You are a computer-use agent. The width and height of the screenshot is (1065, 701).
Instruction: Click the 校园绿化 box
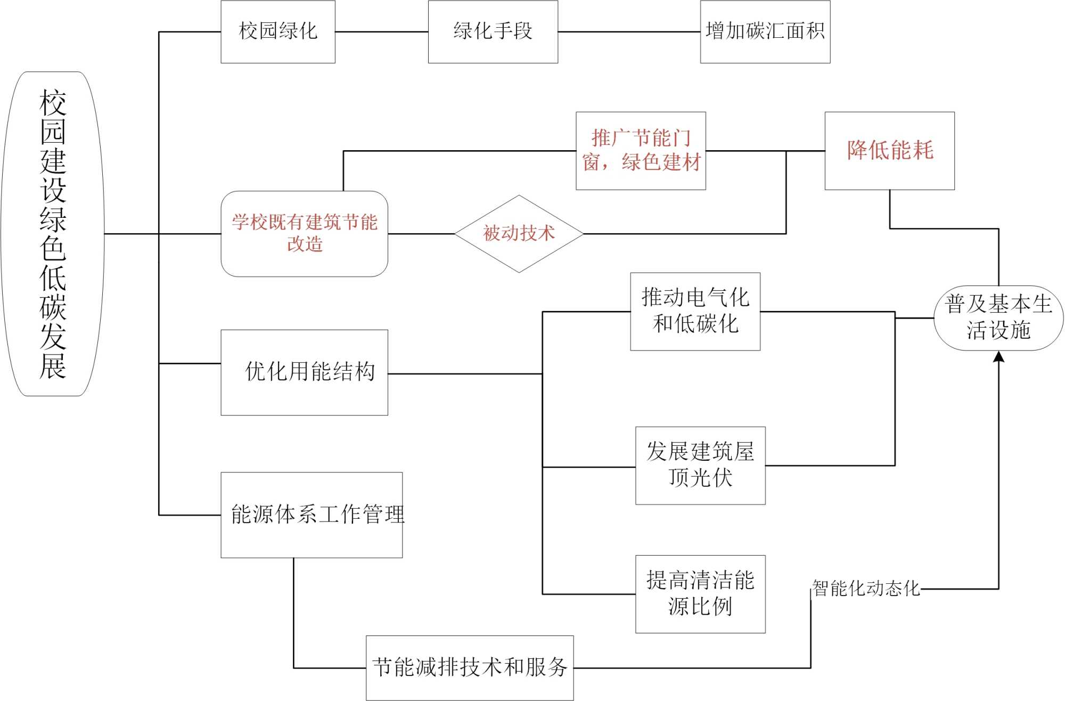click(x=278, y=32)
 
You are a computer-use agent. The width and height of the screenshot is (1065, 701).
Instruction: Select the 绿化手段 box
click(x=493, y=32)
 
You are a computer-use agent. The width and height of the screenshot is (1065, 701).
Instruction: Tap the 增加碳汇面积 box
click(x=765, y=32)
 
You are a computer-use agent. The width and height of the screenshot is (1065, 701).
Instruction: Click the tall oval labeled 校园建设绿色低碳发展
click(x=53, y=233)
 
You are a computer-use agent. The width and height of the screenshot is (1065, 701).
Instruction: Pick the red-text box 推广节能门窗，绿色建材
click(x=641, y=151)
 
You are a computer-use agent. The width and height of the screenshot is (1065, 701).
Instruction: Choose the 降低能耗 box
click(x=889, y=151)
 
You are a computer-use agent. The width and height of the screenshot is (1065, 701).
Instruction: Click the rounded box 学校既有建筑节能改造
click(x=304, y=233)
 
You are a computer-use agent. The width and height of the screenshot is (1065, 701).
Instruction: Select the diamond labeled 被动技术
click(x=519, y=233)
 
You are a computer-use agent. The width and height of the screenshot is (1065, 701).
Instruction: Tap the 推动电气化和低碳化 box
click(x=695, y=311)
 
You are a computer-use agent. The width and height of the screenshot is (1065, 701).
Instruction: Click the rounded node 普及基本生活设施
click(x=998, y=318)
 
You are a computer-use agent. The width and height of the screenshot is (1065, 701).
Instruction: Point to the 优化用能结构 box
click(x=304, y=372)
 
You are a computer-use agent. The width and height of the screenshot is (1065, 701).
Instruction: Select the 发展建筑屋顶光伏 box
click(x=700, y=465)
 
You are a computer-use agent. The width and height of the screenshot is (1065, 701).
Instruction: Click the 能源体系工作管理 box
click(x=312, y=515)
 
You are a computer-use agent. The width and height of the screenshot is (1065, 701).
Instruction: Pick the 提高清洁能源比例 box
click(x=700, y=594)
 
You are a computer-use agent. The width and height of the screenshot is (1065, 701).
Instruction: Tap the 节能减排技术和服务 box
click(x=470, y=667)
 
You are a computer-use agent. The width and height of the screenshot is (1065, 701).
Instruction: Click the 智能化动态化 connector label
click(x=866, y=589)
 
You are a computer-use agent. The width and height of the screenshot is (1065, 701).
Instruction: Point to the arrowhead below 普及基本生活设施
click(x=998, y=357)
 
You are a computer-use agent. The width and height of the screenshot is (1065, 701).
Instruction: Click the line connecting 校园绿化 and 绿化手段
click(x=381, y=32)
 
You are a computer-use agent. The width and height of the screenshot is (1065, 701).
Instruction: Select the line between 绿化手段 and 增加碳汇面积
click(x=629, y=32)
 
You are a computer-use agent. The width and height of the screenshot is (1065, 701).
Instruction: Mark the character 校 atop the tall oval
click(x=53, y=103)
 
